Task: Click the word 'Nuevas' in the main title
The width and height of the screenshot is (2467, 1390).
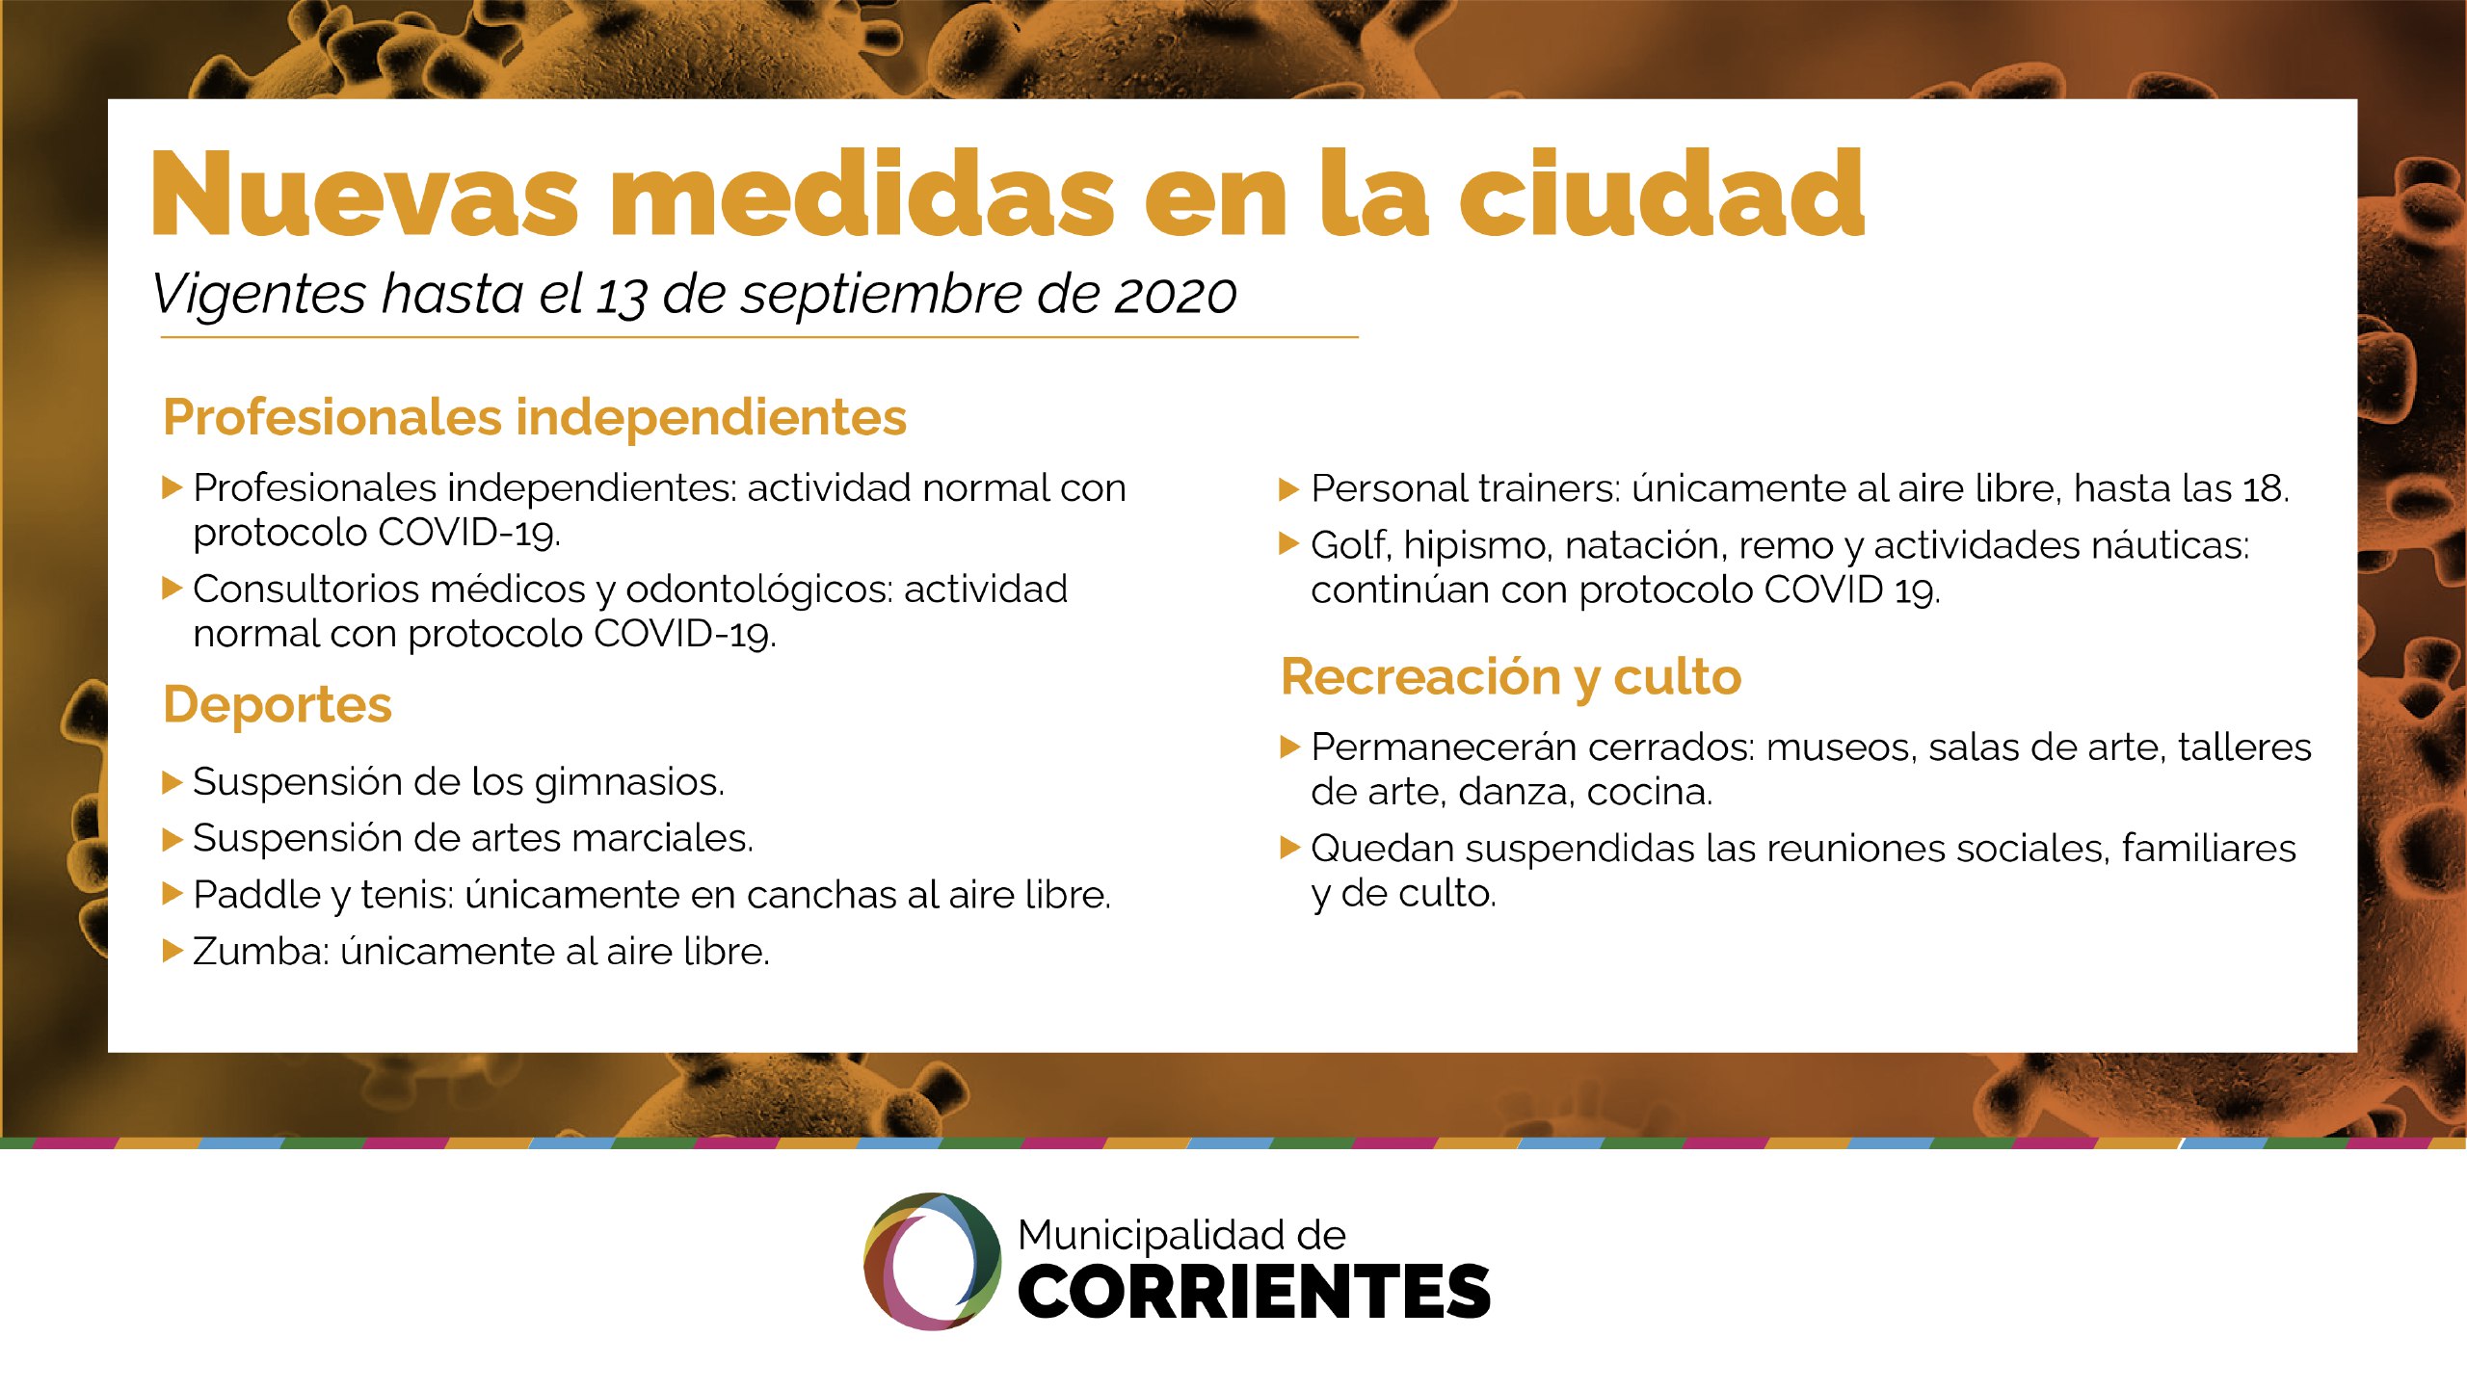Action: (x=364, y=195)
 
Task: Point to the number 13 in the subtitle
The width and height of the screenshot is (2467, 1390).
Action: (x=620, y=296)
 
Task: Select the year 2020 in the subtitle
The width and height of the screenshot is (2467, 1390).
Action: (x=1175, y=295)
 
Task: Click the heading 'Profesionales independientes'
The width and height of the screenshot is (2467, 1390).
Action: (x=535, y=417)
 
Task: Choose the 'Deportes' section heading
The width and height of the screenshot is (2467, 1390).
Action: (x=278, y=704)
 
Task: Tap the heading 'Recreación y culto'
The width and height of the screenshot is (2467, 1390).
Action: (x=1511, y=677)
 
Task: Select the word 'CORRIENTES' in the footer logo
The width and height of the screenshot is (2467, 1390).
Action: (x=1254, y=1292)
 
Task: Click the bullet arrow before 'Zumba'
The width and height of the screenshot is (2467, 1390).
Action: (x=172, y=952)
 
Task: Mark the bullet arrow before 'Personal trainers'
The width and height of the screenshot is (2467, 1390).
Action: (x=1288, y=489)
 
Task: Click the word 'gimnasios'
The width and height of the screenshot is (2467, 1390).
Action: (x=629, y=783)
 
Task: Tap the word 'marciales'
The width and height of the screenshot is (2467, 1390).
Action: (x=662, y=838)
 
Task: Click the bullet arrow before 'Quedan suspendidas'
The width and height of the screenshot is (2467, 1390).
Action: (x=1290, y=848)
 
